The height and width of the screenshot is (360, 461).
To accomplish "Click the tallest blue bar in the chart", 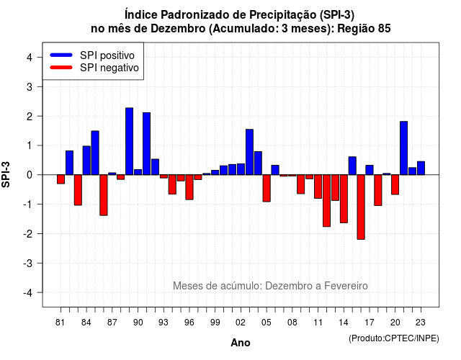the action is [x=130, y=141].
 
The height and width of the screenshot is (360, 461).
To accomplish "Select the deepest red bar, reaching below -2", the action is [x=361, y=207].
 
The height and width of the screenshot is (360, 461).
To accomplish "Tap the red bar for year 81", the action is [x=61, y=179].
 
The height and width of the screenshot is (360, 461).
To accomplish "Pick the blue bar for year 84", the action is [x=86, y=161].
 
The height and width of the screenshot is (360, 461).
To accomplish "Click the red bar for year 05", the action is [x=267, y=189].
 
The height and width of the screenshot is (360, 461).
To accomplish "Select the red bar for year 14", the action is [x=344, y=199].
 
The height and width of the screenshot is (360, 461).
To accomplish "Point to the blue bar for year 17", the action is [x=370, y=170].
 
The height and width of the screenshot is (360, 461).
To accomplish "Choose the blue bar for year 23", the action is [x=421, y=168].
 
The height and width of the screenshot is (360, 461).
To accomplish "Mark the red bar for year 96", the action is [x=189, y=187].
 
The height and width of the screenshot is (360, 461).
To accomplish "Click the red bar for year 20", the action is [x=395, y=185].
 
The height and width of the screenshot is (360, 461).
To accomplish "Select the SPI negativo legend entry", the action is [x=94, y=68].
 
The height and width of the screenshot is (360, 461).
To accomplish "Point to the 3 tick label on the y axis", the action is [x=30, y=86].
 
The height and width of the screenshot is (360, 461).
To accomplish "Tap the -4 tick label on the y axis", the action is [x=28, y=292].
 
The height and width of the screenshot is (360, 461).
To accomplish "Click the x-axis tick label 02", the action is [x=241, y=323].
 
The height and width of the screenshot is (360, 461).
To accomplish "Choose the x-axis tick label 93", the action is [x=164, y=323].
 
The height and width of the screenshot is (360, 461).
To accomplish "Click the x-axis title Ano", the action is [x=241, y=343].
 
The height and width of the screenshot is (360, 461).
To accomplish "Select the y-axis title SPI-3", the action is [x=6, y=174].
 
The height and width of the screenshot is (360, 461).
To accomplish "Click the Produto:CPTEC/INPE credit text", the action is [x=394, y=338].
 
